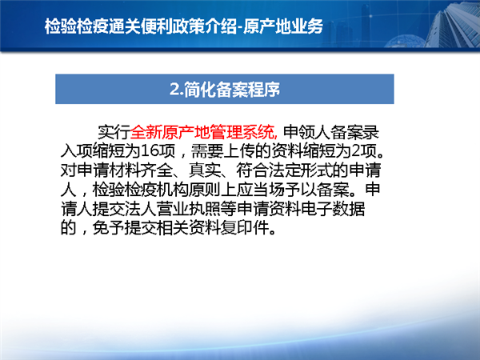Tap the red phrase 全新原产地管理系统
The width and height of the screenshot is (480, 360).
[x=202, y=132]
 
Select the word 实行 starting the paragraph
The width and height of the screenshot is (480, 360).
[x=114, y=132]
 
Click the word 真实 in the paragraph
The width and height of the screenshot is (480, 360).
[x=205, y=170]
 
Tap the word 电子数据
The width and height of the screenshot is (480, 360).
[x=333, y=209]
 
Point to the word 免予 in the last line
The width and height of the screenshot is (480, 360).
[x=108, y=227]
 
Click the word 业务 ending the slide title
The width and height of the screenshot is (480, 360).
[x=307, y=26]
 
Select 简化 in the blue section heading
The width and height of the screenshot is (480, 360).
[x=200, y=90]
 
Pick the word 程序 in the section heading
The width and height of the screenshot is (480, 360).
[x=264, y=90]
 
